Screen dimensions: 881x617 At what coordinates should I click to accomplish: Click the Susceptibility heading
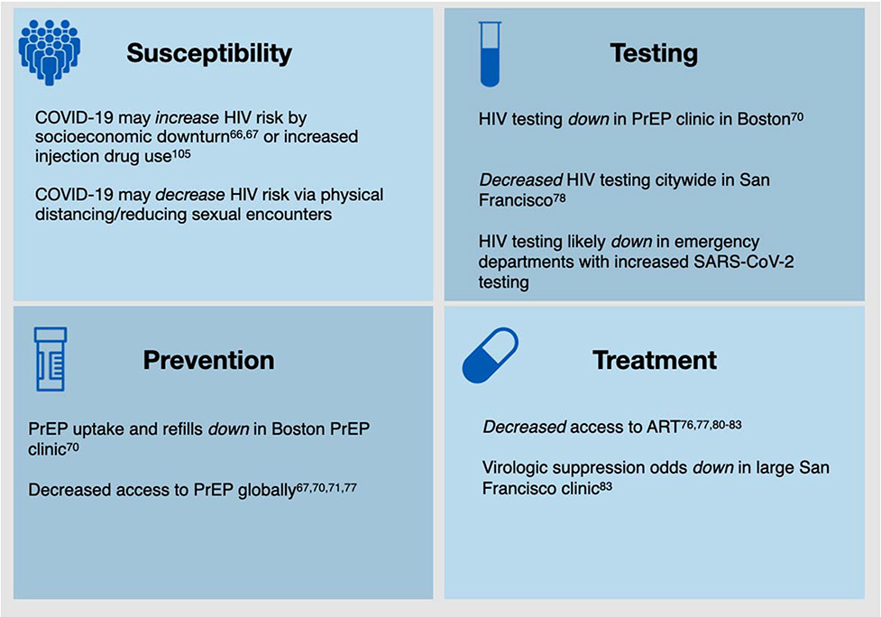(x=209, y=54)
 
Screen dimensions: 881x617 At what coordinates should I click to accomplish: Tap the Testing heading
(x=654, y=54)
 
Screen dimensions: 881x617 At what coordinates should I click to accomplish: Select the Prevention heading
(x=208, y=360)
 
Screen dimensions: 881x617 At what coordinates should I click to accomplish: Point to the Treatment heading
(x=655, y=360)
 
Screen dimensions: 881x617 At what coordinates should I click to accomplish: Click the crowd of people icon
(x=50, y=52)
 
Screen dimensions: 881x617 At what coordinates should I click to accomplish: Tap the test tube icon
(x=490, y=54)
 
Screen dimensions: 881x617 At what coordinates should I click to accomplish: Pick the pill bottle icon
(x=50, y=359)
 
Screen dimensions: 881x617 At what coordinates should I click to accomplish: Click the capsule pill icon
(x=490, y=355)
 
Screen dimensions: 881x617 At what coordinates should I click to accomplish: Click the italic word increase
(x=187, y=117)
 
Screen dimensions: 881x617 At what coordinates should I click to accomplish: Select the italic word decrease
(x=190, y=195)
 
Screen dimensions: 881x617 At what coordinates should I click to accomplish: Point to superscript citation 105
(x=181, y=153)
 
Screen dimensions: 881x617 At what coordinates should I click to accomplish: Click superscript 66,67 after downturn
(x=243, y=134)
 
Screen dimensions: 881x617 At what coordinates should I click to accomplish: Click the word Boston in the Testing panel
(x=764, y=119)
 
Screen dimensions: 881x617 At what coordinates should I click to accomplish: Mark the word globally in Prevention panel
(x=266, y=491)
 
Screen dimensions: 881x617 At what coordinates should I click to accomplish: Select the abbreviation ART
(x=663, y=427)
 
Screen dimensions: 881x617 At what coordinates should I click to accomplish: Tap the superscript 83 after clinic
(x=606, y=486)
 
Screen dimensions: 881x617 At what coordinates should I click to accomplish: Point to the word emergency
(x=716, y=242)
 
